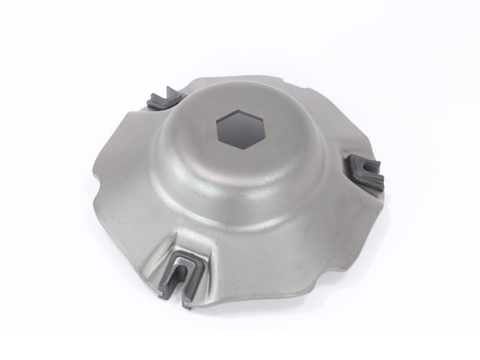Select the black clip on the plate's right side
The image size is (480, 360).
point(365,172)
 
